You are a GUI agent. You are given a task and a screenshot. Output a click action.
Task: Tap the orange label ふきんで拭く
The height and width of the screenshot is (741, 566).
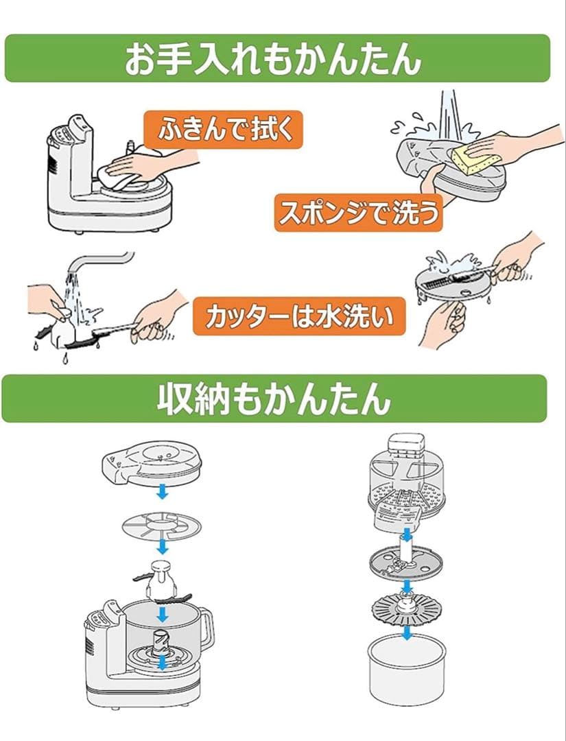[223, 129]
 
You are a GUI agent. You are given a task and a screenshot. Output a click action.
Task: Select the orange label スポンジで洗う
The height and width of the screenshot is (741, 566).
[358, 213]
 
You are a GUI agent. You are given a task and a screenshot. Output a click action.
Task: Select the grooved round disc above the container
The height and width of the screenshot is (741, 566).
[407, 608]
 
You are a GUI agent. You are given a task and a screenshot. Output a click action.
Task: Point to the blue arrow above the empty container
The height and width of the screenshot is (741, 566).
[408, 632]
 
